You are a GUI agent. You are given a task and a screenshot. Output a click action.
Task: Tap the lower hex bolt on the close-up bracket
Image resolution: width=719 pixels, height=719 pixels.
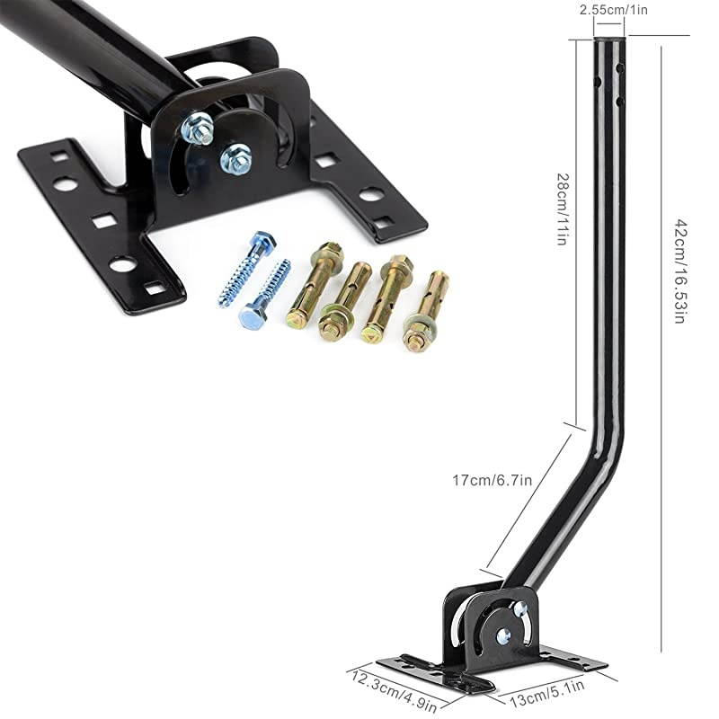(236, 158)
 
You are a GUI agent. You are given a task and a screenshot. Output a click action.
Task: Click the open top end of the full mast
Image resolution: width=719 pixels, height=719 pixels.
(608, 40)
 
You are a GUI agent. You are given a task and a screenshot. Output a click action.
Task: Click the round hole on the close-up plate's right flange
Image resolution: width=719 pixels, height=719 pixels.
(371, 193)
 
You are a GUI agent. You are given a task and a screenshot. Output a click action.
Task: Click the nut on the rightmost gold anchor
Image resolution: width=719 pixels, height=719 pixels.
(416, 339)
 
